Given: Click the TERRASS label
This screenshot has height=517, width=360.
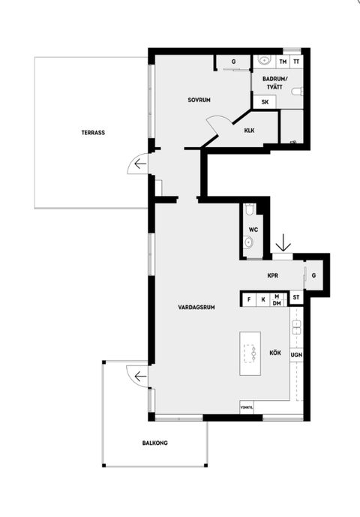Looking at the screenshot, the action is [93, 133].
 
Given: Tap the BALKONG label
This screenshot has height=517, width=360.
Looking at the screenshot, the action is [155, 443].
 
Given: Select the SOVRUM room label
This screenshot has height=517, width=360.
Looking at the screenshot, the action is [199, 100].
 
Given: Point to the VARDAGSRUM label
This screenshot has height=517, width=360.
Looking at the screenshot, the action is [196, 308].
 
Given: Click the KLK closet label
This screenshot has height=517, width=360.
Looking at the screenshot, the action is [249, 131].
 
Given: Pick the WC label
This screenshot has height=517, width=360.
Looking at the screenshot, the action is [253, 230].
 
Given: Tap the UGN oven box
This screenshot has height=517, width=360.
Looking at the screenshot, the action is [296, 355].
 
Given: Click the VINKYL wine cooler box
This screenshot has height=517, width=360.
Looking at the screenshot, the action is [247, 407].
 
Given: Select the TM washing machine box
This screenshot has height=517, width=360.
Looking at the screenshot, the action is [283, 62].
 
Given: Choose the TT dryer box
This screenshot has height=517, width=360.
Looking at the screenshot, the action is [296, 62].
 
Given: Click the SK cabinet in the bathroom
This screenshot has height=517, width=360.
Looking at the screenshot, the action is [265, 102].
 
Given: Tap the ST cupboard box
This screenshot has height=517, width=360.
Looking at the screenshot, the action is [296, 297].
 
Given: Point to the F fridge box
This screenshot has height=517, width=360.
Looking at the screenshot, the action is [249, 300].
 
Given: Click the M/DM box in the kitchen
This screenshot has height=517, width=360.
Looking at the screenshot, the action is [277, 300].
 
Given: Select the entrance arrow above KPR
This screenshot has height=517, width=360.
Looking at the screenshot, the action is [283, 242].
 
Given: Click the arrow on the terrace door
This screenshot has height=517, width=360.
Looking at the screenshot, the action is [140, 164].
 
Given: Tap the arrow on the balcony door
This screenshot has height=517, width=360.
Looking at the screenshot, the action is [140, 376].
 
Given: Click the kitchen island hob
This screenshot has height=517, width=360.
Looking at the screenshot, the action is [250, 353].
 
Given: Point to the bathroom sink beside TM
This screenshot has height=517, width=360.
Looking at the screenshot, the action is [264, 60].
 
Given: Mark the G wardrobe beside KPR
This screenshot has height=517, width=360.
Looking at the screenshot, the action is [313, 275].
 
